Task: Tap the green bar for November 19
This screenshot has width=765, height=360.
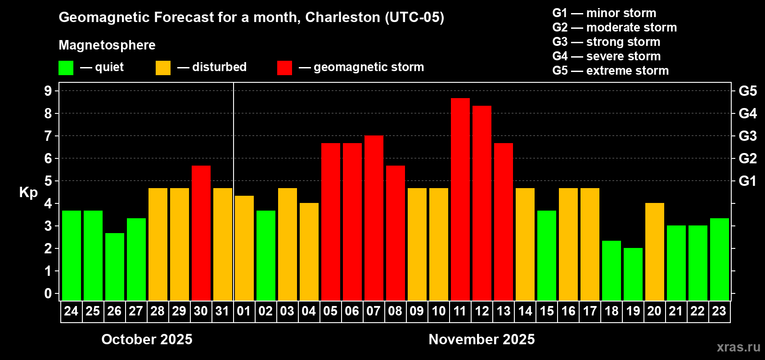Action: coord(633,274)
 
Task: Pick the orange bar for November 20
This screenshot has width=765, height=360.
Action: coord(654,252)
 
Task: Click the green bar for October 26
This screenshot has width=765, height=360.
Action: coord(114,266)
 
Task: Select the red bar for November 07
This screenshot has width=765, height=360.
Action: coord(373,218)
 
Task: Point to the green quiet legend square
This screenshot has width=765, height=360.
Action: coord(66,68)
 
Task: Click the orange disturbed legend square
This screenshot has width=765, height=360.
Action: coord(163,68)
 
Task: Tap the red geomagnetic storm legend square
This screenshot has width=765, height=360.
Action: coord(284,68)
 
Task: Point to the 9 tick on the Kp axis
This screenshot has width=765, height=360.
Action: coord(48,91)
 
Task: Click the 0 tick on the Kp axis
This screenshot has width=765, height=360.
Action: coord(48,293)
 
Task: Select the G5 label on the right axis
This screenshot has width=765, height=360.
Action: coord(747,91)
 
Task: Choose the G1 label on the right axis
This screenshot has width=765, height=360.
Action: coord(747,181)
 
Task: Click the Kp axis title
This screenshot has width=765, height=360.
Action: coord(28,192)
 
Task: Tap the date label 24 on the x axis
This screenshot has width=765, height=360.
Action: coord(71,311)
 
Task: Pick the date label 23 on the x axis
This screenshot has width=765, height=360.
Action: coord(719,311)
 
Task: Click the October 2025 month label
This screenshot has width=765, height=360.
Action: coord(147,339)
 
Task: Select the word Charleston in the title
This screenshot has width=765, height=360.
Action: coord(342,17)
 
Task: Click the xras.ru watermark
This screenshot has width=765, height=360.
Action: coord(738,346)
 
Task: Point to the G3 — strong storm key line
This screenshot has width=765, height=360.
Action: coord(606,42)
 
